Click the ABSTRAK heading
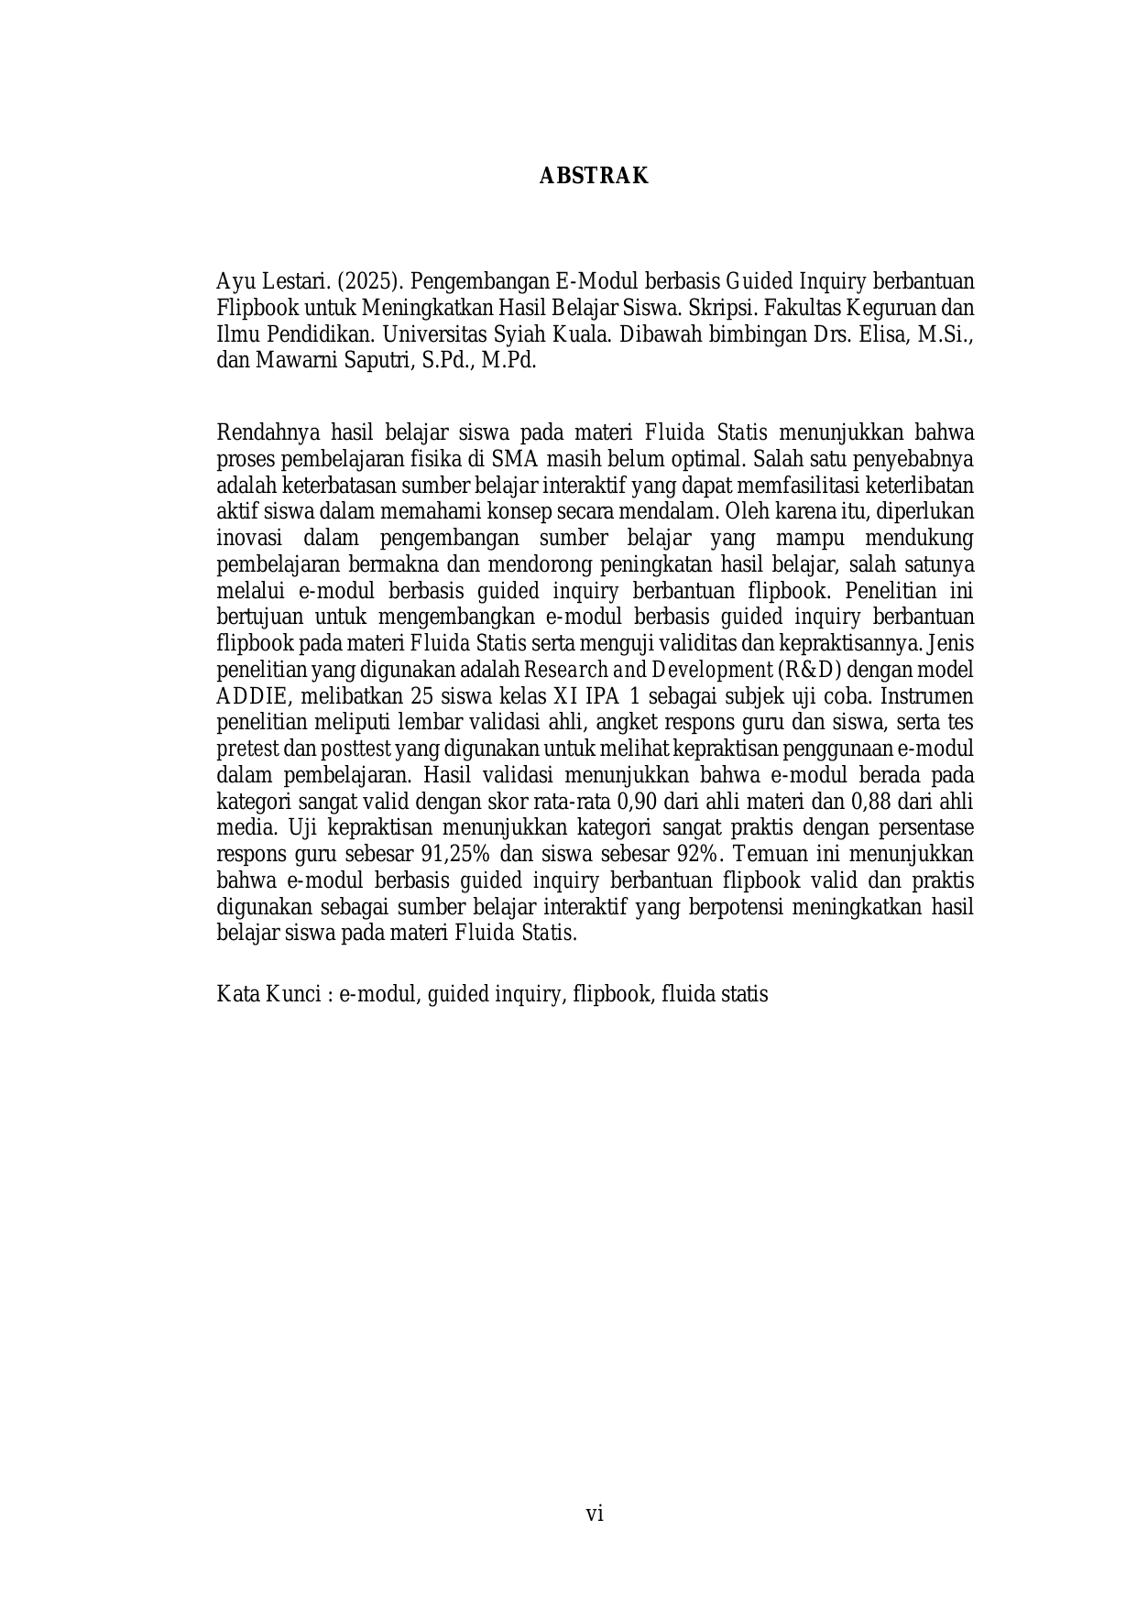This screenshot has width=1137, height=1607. click(594, 177)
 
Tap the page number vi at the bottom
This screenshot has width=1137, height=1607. click(595, 1514)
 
